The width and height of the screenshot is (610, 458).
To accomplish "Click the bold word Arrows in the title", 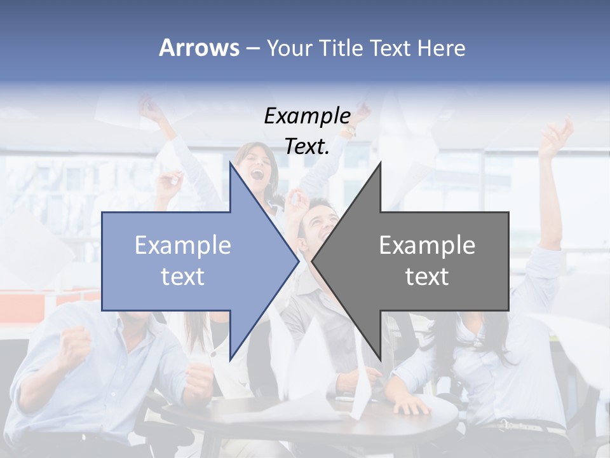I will [199, 48].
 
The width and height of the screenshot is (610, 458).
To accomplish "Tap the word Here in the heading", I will [441, 48].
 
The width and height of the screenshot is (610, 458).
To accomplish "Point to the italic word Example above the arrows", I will [308, 116].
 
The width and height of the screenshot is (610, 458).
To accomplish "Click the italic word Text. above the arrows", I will [308, 146].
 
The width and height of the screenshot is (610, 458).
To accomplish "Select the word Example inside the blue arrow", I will [183, 245].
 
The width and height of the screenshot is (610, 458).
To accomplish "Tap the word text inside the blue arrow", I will [183, 276].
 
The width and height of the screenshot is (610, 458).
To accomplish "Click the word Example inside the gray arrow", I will [427, 245].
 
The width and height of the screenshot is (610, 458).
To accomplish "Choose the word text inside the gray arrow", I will [427, 276].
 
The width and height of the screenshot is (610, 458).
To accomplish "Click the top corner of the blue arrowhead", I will [230, 163].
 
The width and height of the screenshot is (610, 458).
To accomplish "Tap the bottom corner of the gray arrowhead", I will [380, 359].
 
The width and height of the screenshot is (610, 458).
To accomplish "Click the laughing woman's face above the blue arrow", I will [258, 167].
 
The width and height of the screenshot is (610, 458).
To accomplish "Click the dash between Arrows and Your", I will [252, 48].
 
